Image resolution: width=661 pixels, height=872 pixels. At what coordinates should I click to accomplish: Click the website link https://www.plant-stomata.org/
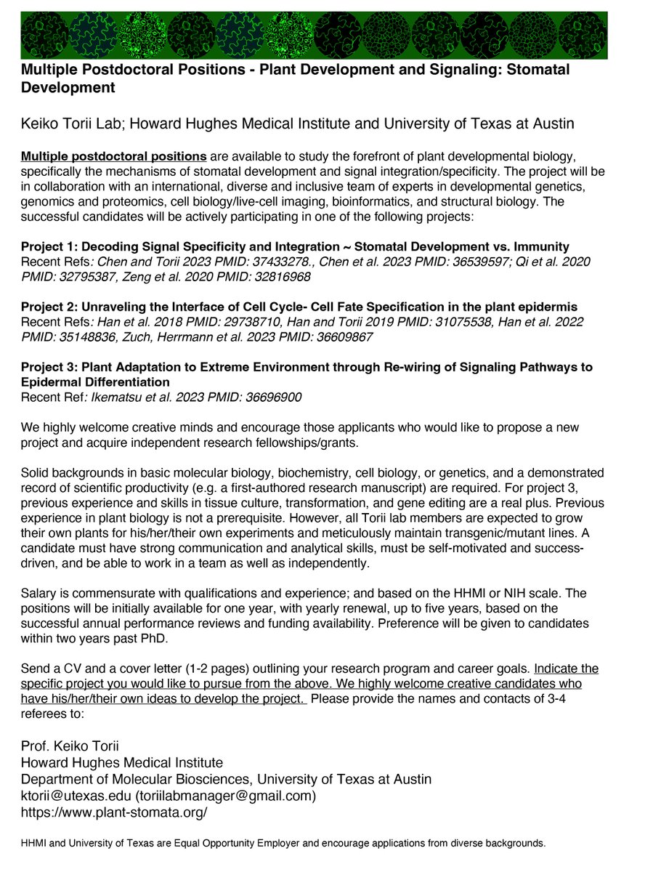point(114,812)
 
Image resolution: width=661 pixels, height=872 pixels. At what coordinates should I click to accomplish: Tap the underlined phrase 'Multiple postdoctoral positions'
point(114,157)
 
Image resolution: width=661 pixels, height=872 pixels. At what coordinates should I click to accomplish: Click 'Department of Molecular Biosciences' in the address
point(135,779)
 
